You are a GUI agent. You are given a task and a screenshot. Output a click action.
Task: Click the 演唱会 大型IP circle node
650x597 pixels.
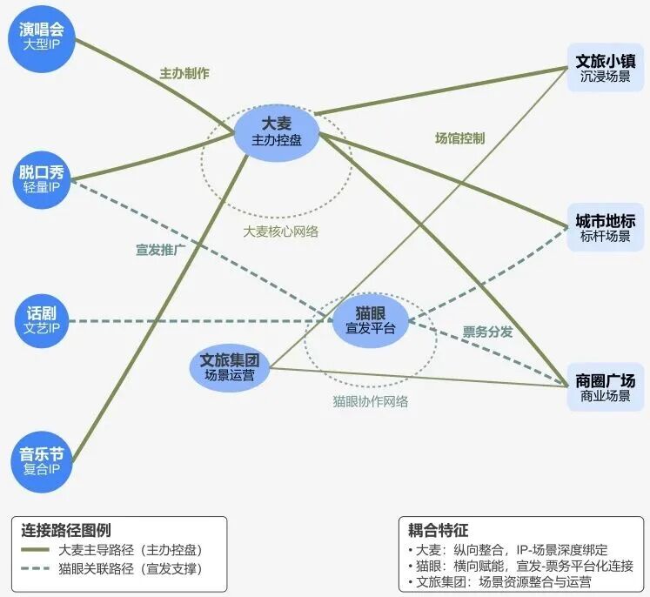click(x=42, y=33)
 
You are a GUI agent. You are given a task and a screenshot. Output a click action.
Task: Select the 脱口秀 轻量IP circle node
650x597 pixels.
click(x=42, y=178)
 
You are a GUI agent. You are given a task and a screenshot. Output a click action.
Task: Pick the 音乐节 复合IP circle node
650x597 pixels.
click(x=42, y=461)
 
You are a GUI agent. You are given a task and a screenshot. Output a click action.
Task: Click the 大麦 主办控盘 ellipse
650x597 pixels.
click(x=277, y=131)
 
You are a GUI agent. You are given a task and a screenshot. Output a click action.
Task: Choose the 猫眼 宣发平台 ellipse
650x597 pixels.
click(x=370, y=320)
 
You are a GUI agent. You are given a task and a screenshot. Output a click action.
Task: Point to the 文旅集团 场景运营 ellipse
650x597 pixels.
click(x=230, y=366)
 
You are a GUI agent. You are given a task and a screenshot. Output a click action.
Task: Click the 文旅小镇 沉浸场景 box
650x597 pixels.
click(x=605, y=69)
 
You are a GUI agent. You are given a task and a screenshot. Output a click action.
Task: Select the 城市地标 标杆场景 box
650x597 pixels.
click(x=605, y=227)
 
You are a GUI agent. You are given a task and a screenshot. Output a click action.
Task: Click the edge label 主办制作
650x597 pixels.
click(x=184, y=74)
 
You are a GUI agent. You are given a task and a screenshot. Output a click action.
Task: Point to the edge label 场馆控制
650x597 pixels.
click(x=459, y=138)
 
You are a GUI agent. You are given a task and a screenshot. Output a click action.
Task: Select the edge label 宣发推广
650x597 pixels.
click(x=161, y=250)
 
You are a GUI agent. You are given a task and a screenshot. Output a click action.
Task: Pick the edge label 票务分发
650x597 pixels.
click(x=487, y=332)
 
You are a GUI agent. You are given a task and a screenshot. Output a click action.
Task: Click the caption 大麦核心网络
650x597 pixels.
click(x=281, y=231)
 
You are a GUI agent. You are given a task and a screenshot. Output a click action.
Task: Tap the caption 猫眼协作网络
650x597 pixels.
click(x=370, y=402)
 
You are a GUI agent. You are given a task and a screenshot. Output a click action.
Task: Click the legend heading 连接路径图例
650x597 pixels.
click(x=66, y=530)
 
